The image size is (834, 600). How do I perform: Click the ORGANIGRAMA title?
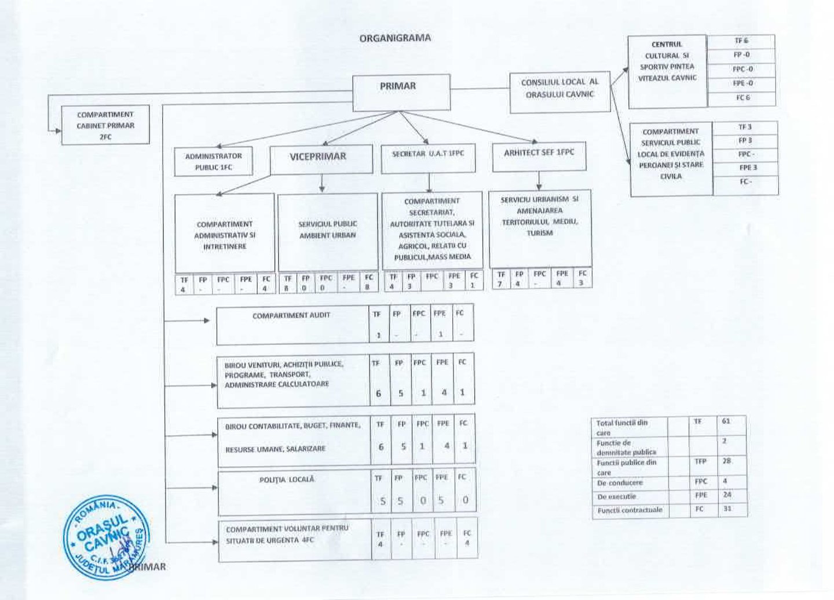point(395,38)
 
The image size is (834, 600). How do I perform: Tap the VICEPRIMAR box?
point(321,158)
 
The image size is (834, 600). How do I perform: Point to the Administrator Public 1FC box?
point(213,162)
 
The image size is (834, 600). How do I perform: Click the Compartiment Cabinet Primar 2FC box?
point(105,125)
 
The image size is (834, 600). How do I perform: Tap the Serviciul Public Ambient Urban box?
point(328,231)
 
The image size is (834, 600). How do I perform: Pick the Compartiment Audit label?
point(291,315)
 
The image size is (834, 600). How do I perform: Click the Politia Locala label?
point(287,479)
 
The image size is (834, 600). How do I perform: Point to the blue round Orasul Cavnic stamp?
point(105,537)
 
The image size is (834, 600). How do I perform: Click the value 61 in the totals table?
point(726,421)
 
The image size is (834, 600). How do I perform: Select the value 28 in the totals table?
point(727,461)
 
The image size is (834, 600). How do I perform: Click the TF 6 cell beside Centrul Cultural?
point(741,41)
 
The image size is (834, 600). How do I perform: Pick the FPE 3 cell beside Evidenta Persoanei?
point(747,168)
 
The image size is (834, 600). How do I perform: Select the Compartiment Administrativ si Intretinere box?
point(225,234)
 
